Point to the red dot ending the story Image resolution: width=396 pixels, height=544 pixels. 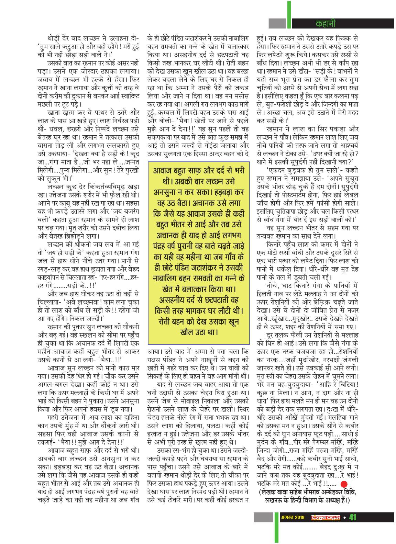[344, 484]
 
